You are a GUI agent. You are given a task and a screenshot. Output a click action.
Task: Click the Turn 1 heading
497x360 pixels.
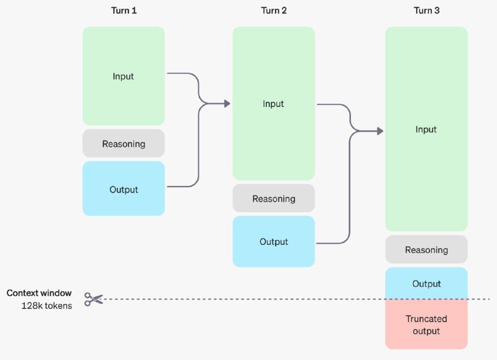click(124, 11)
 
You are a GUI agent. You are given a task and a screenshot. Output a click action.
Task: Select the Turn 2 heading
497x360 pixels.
click(274, 11)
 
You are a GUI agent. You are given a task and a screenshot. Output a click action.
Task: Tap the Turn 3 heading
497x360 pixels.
click(427, 11)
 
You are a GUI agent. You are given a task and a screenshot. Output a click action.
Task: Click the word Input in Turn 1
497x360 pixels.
click(123, 76)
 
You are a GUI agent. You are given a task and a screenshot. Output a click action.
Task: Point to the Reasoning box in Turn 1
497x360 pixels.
click(124, 144)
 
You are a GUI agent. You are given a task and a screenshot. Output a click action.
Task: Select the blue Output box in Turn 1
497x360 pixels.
click(124, 188)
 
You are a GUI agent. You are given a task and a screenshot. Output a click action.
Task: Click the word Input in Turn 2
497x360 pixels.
click(273, 104)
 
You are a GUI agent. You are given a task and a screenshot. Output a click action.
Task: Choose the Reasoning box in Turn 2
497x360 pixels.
click(274, 198)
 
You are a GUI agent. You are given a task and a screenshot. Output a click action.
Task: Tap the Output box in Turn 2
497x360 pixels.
click(274, 241)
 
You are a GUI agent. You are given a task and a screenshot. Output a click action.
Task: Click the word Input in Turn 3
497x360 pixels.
click(426, 129)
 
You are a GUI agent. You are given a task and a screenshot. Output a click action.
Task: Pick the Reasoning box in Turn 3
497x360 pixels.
click(427, 249)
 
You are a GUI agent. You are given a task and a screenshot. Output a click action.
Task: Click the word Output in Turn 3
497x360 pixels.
click(427, 284)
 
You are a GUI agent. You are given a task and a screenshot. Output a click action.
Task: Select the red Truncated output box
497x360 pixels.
click(427, 324)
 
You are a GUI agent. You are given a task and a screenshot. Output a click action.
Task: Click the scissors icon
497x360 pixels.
click(94, 299)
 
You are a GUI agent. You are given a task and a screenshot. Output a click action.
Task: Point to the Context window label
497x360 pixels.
click(39, 293)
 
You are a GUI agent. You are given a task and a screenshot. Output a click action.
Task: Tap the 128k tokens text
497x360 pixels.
click(47, 305)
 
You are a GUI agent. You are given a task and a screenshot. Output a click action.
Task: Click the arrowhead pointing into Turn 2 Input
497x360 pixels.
click(227, 103)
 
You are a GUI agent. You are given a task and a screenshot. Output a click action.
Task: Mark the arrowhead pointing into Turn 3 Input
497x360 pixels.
click(380, 131)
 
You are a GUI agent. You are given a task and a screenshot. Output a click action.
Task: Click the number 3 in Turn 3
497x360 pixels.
click(437, 11)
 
